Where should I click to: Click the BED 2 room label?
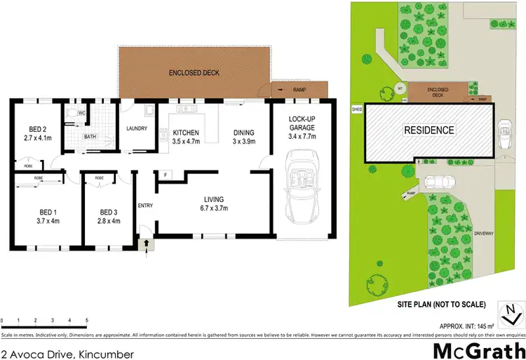[38, 128]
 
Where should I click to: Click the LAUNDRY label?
[137, 128]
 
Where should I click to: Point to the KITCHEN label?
[186, 133]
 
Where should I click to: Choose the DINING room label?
[243, 133]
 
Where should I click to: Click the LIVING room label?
[215, 199]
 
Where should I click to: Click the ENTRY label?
[145, 205]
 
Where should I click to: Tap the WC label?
[82, 113]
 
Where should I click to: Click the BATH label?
[90, 137]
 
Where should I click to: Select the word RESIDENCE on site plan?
[429, 131]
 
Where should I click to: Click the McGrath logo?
[480, 349]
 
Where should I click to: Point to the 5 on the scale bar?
[86, 320]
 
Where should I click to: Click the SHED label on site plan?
[356, 109]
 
